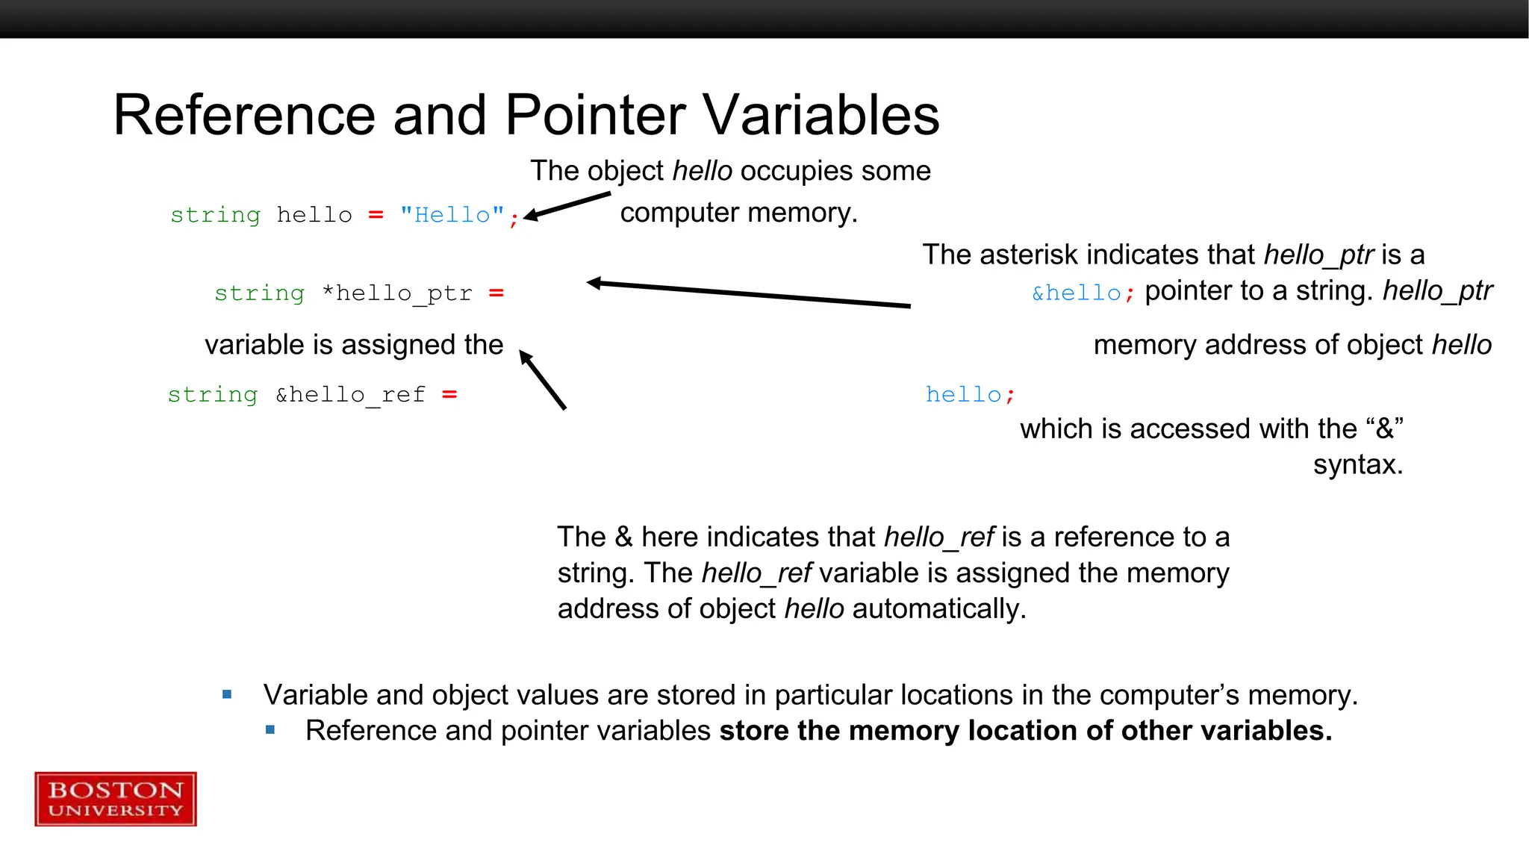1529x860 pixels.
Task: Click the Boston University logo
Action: pos(116,799)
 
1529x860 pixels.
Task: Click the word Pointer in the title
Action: pos(595,116)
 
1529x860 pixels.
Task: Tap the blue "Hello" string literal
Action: pos(452,215)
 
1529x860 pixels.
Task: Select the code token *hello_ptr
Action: pos(397,293)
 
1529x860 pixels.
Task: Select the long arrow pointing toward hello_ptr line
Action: pos(747,293)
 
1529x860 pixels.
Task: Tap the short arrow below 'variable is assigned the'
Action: pos(543,380)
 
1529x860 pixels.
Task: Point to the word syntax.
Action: pos(1357,464)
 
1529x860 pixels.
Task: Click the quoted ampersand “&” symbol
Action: pos(1385,429)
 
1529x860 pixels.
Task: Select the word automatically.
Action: pos(938,609)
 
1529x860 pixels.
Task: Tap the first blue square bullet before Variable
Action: pos(227,695)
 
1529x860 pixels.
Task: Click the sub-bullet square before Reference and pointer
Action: pos(270,730)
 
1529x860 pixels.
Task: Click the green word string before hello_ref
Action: pos(213,394)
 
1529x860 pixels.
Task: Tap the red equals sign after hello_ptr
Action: pos(496,293)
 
